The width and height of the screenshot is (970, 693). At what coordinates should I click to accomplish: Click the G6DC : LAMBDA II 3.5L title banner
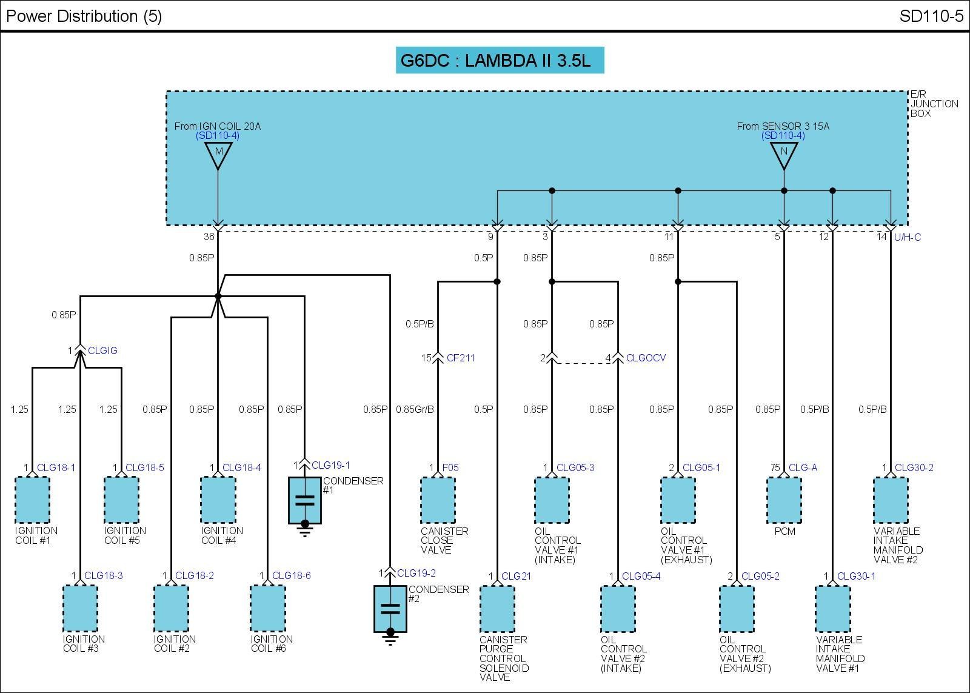(x=500, y=61)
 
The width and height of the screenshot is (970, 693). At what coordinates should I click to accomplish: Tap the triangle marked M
(x=218, y=154)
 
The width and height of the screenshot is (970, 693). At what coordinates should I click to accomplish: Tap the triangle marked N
(x=784, y=154)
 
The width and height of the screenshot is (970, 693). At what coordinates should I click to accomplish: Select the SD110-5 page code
(x=931, y=16)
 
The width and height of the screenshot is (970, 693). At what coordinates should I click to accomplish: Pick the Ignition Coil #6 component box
(x=268, y=608)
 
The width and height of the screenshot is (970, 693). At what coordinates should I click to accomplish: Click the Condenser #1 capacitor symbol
(x=304, y=501)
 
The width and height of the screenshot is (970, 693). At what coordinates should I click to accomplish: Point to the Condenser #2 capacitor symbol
(x=390, y=609)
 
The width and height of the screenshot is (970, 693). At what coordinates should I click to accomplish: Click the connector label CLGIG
(x=102, y=350)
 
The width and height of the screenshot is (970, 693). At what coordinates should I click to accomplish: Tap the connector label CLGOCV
(x=646, y=358)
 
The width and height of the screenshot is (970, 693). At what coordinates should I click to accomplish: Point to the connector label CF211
(x=461, y=358)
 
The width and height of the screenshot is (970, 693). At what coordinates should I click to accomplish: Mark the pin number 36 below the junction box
(x=209, y=237)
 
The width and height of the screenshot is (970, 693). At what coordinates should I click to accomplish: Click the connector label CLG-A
(x=803, y=467)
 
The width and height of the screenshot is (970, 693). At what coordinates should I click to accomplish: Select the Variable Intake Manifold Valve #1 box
(x=833, y=608)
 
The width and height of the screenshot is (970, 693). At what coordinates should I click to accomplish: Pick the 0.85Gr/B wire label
(x=415, y=409)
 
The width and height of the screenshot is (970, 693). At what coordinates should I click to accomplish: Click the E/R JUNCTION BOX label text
(x=934, y=104)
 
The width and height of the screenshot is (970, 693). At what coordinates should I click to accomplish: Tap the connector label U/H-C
(x=907, y=237)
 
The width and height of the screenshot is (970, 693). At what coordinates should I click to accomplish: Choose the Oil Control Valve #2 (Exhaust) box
(x=737, y=608)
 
